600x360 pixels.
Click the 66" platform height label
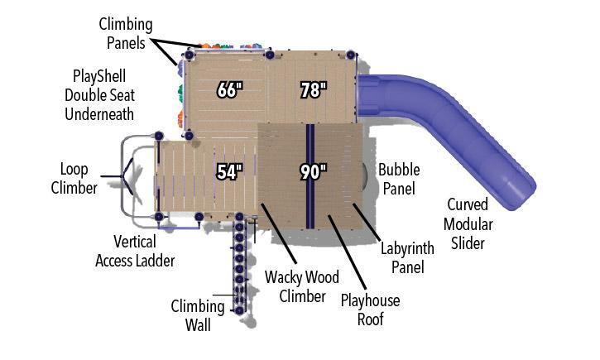[x=228, y=90]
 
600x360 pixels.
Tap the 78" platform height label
[x=313, y=90]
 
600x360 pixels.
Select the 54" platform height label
[x=229, y=172]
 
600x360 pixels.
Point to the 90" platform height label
[x=313, y=172]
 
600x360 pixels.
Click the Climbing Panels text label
[x=126, y=32]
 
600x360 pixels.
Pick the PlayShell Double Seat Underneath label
[x=99, y=94]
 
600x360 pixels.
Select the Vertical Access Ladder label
[x=135, y=252]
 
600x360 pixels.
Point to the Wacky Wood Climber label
[x=302, y=286]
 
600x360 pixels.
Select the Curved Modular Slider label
[x=468, y=223]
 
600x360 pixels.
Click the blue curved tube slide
[x=463, y=124]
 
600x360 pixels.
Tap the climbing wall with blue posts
[x=239, y=265]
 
